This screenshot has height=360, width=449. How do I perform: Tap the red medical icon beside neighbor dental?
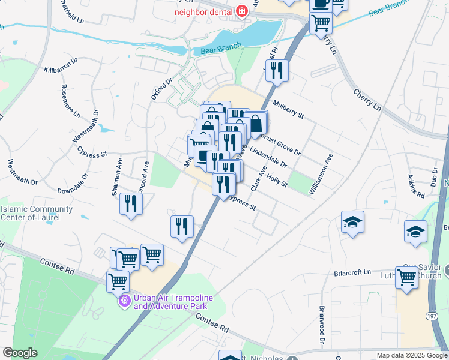(x=242, y=11)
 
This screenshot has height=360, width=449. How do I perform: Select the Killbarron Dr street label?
(x=61, y=66)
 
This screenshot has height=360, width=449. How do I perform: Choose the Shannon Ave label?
(x=116, y=177)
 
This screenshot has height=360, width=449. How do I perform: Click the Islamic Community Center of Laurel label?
(x=37, y=214)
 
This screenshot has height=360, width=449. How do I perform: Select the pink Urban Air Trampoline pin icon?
(x=125, y=301)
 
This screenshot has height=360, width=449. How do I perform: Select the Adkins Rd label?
(x=415, y=186)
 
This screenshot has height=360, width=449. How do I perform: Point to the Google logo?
(x=20, y=353)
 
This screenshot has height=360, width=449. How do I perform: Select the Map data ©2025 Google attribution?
(x=411, y=355)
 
